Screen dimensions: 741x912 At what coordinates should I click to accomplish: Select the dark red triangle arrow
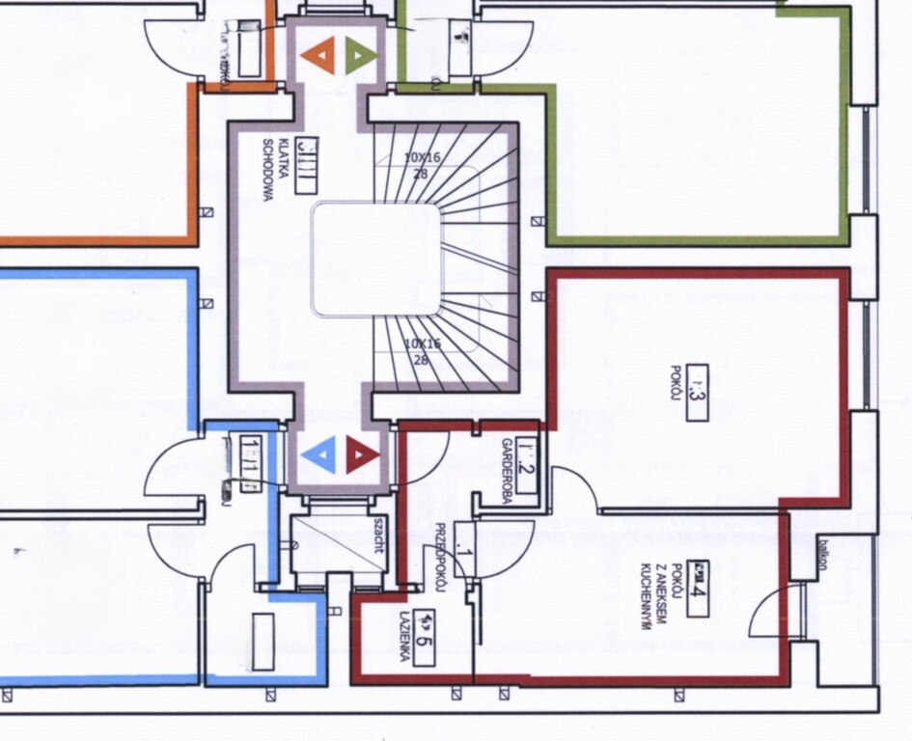[x=362, y=453]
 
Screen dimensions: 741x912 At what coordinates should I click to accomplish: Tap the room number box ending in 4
[x=699, y=588]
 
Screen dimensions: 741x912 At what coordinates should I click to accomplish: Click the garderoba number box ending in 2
[x=526, y=465]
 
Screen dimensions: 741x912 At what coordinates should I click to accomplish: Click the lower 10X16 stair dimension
[x=422, y=349]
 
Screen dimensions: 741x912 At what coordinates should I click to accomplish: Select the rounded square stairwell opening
[x=375, y=260]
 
